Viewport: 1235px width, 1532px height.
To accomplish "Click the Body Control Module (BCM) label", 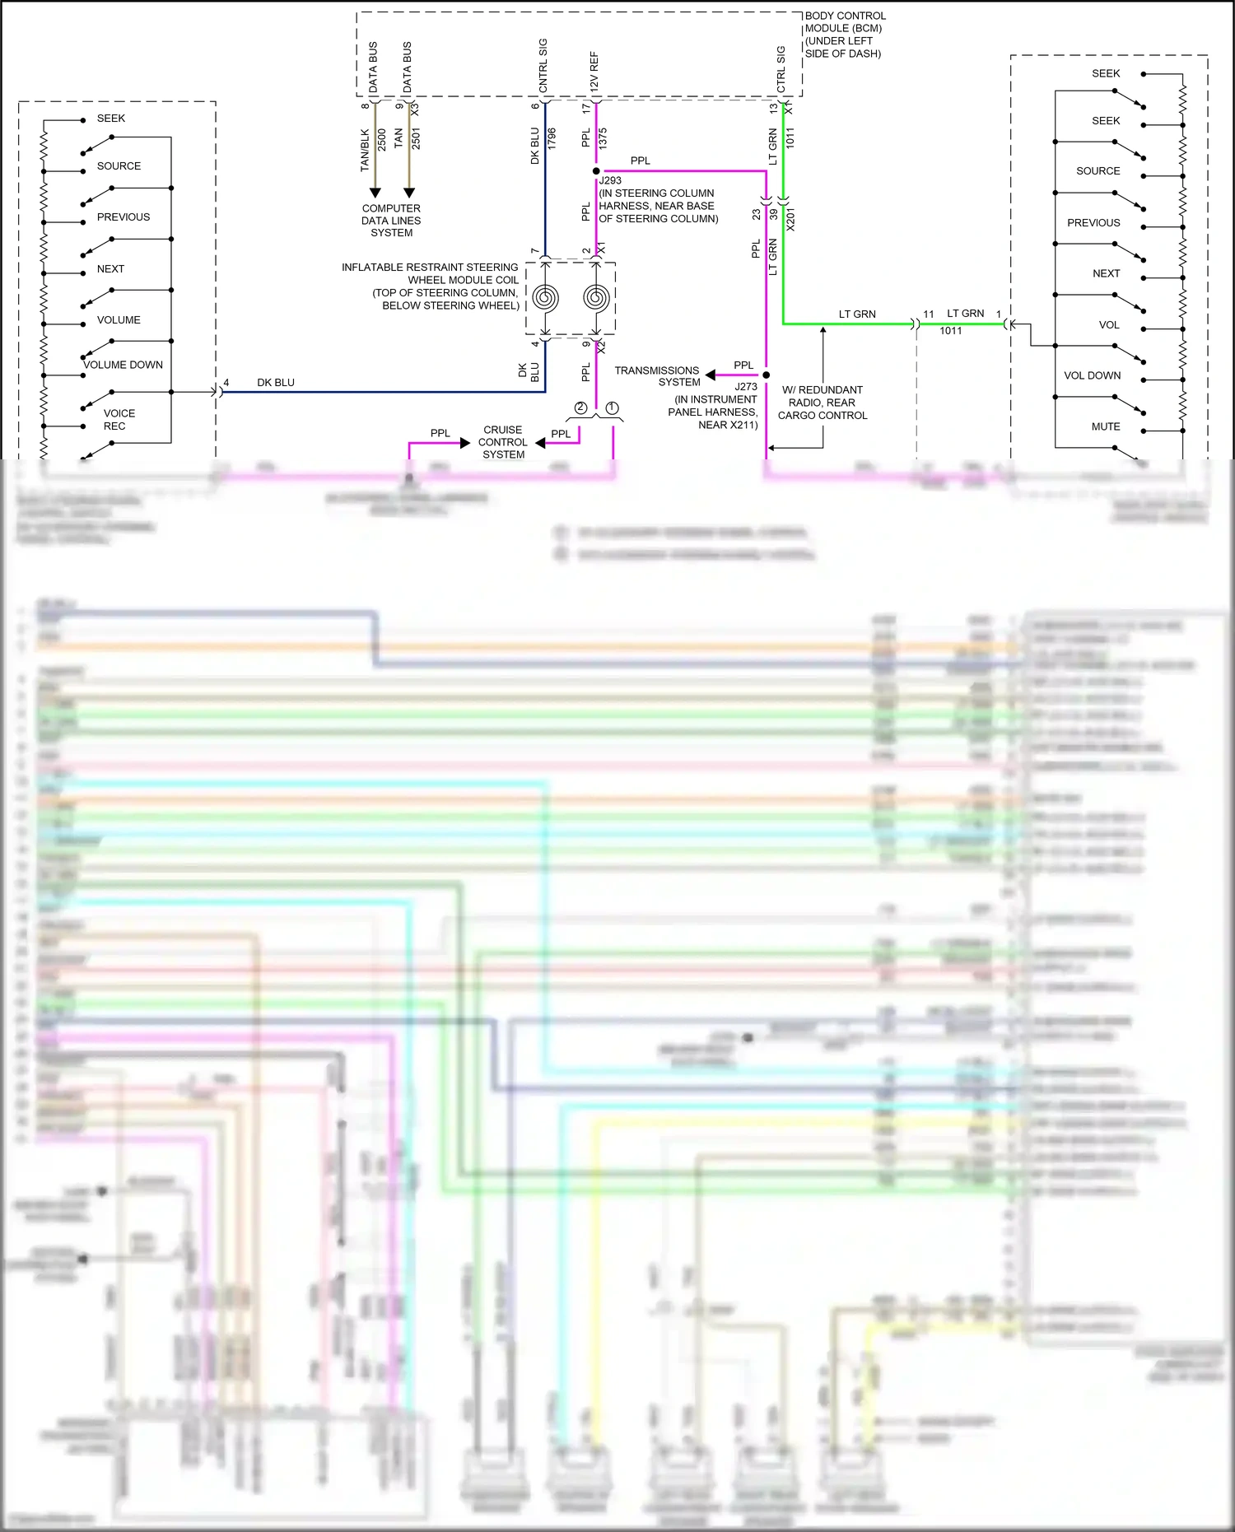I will click(844, 35).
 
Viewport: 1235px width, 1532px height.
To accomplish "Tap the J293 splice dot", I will click(596, 171).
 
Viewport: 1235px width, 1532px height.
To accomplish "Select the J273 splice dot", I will click(766, 375).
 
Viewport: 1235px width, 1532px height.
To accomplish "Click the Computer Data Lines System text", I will click(391, 221).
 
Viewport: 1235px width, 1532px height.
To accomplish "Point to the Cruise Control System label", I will click(503, 442).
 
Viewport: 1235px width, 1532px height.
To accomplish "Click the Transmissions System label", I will click(658, 376).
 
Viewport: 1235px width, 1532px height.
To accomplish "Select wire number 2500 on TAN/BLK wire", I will click(382, 139).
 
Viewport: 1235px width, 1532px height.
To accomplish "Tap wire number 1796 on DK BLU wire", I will click(552, 138).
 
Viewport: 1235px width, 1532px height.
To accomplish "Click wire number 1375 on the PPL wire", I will click(603, 137).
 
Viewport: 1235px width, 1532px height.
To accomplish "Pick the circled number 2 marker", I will click(580, 407).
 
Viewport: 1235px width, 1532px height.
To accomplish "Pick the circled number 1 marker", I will click(612, 407).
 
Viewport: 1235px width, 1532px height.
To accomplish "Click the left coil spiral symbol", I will click(545, 296).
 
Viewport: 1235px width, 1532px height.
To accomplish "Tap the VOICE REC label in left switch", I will click(118, 420).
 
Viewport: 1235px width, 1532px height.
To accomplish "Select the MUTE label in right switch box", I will click(1105, 426).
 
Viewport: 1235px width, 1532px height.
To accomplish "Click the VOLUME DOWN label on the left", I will click(123, 365).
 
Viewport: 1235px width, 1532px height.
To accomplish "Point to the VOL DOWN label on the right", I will click(1092, 375).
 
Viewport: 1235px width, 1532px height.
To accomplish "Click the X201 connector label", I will click(790, 219).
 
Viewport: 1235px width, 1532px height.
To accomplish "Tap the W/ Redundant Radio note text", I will click(823, 403).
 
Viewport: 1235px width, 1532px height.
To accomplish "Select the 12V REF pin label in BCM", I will click(594, 71).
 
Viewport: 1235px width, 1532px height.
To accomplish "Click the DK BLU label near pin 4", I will click(275, 383).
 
